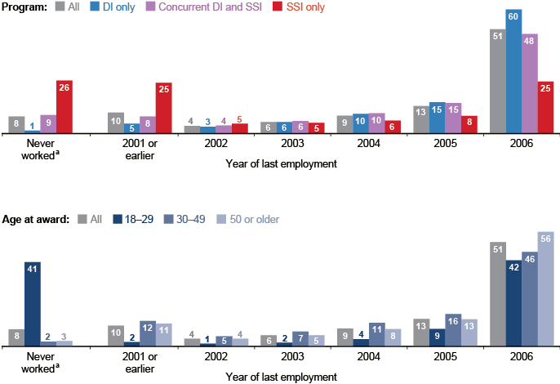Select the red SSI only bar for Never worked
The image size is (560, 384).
[x=64, y=107]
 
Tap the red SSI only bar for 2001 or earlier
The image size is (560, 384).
[x=163, y=108]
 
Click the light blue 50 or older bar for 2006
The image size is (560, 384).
[x=545, y=290]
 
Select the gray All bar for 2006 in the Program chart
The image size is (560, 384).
[x=497, y=81]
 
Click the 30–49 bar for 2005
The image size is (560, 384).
[x=453, y=331]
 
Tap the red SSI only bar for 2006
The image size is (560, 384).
[x=545, y=107]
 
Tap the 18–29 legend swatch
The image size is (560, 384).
[x=120, y=219]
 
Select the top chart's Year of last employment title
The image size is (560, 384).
[x=281, y=163]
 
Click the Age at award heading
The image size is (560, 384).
[x=37, y=219]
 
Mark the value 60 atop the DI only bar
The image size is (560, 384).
[x=513, y=15]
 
